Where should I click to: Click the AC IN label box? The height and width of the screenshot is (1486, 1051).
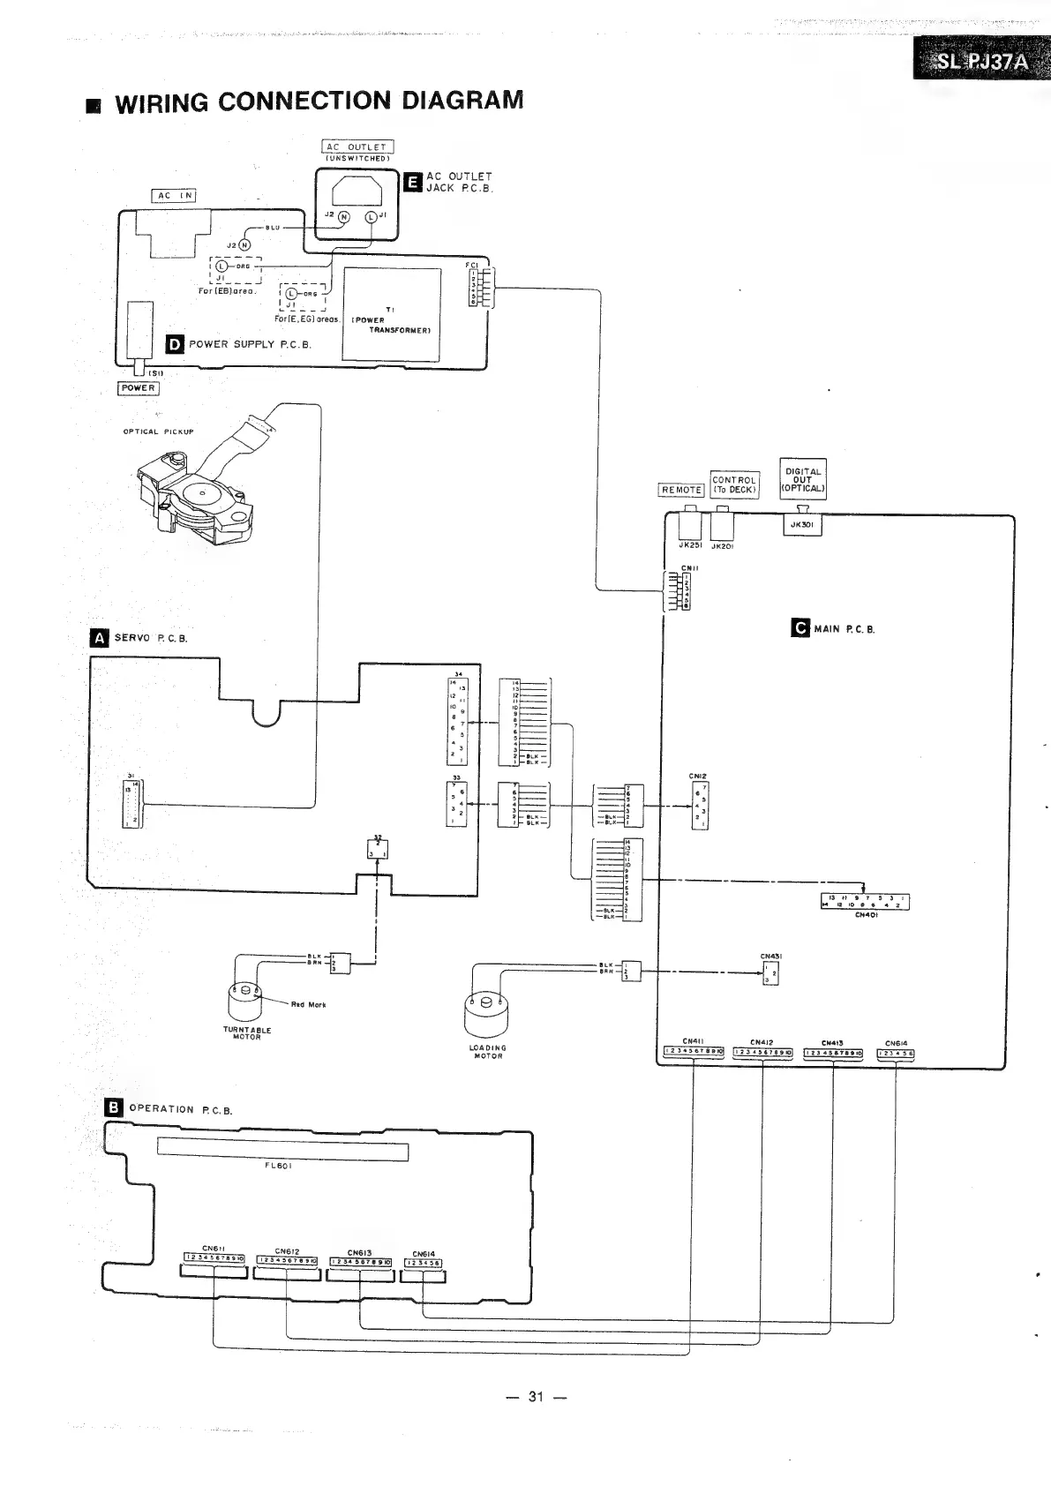click(x=174, y=195)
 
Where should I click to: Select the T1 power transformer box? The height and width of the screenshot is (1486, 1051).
click(x=391, y=314)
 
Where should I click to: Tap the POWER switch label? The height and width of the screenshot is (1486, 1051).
click(x=139, y=388)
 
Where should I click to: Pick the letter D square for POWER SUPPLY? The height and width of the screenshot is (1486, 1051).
click(x=175, y=344)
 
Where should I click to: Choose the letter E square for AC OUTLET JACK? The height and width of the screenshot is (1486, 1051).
click(x=411, y=182)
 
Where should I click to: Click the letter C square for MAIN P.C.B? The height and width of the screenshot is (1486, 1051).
click(x=800, y=628)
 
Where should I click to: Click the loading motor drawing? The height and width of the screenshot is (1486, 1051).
click(x=486, y=1015)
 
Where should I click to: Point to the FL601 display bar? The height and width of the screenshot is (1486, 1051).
click(x=282, y=1152)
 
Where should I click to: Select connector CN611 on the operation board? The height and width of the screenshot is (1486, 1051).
click(x=214, y=1258)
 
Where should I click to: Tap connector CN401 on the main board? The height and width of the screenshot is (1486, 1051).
click(x=864, y=901)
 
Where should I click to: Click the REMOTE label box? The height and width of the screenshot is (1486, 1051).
click(x=681, y=490)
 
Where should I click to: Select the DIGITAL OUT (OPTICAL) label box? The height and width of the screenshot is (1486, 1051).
click(x=803, y=478)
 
